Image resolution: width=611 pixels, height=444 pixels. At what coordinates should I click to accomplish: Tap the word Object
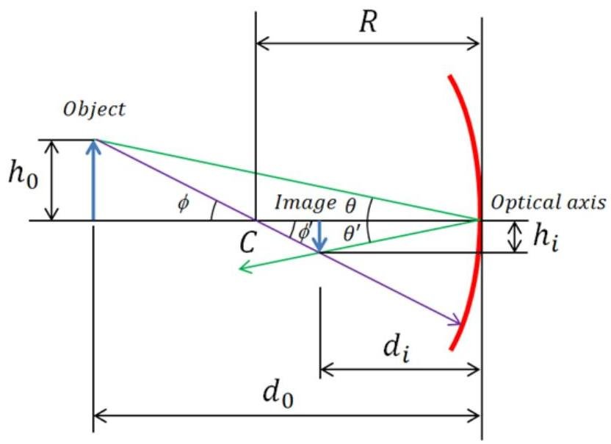pos(94,110)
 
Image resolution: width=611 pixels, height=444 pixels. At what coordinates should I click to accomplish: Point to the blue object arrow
pos(93,180)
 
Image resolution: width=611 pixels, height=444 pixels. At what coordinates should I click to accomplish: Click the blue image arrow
pos(319,236)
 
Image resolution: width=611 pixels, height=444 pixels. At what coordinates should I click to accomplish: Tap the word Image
pos(305,203)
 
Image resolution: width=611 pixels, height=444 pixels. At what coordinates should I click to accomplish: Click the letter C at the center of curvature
pos(247,242)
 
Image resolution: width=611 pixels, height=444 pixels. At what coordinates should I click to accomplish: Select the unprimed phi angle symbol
pos(183,204)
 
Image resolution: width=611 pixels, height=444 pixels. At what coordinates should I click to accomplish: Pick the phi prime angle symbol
pos(304,232)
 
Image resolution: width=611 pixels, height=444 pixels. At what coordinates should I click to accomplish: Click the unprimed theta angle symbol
pos(351,205)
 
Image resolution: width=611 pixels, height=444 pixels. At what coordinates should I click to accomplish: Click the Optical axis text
pos(549,203)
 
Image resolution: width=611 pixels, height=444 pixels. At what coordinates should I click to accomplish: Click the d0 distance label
pos(278,393)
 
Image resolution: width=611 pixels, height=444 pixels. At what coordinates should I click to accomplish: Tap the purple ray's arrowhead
pos(456,321)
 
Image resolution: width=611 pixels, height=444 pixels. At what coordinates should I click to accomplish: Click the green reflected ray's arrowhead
pos(244,268)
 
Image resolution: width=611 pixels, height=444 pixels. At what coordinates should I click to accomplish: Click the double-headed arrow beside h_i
pos(516,237)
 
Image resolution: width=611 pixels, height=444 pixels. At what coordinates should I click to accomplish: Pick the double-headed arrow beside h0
pos(52,180)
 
